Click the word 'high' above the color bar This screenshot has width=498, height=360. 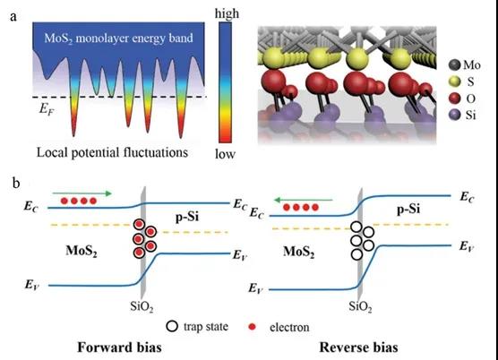[227, 14]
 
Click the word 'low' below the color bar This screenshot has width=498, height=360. [225, 154]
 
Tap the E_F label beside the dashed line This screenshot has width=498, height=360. [47, 109]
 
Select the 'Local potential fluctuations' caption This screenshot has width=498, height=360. [113, 152]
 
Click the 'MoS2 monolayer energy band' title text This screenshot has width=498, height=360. [118, 39]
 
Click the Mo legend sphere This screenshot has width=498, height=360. [455, 64]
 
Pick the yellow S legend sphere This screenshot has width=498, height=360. [455, 81]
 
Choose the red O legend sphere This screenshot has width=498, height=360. [455, 99]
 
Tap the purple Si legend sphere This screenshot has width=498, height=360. [455, 115]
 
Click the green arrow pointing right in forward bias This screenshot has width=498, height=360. [82, 193]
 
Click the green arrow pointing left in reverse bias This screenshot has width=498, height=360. [303, 200]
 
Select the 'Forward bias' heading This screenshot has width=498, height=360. [119, 347]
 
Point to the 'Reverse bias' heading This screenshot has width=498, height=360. [358, 347]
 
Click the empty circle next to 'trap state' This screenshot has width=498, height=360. [172, 326]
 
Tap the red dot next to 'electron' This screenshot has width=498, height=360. [253, 327]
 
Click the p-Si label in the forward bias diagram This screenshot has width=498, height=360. [187, 217]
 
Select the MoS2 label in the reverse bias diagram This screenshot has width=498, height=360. [298, 252]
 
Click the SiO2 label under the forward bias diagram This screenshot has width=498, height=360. [142, 307]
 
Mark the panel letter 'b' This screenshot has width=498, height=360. [16, 183]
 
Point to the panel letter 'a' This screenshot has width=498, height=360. [13, 17]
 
